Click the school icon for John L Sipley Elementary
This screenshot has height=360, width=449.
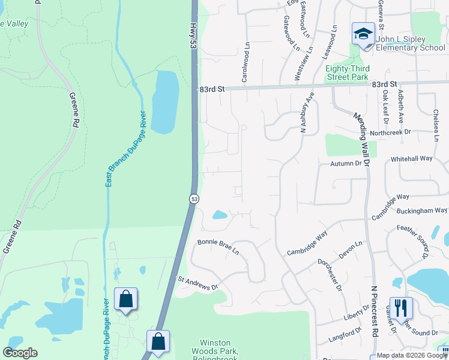(363, 34)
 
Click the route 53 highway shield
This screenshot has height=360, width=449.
(194, 198)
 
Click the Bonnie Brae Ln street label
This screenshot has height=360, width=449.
(218, 247)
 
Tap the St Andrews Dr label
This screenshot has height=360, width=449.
(197, 283)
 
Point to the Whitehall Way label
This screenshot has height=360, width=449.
(411, 158)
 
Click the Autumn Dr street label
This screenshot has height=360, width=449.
(344, 163)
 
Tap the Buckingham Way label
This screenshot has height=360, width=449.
(424, 211)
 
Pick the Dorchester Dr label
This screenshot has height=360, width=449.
(330, 275)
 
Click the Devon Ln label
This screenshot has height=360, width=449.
(351, 250)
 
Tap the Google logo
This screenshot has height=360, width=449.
(20, 353)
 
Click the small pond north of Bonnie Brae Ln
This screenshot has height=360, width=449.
(220, 214)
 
